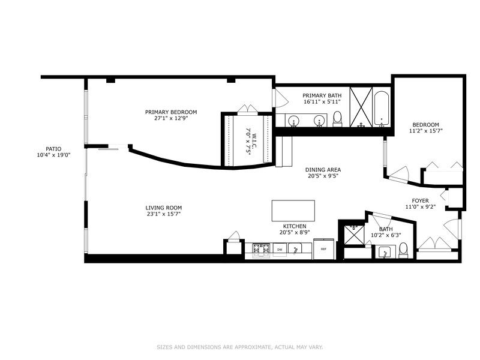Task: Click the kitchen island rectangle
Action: point(293,211)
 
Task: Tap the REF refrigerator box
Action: point(323,248)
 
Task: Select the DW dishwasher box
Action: point(280,250)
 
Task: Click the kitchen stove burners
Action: point(261,250)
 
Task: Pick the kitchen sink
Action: point(295,248)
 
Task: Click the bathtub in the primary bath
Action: point(382,109)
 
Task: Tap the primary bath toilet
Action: point(337,119)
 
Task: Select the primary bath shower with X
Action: point(361,107)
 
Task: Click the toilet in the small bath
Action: point(403,250)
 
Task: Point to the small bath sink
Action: point(384,252)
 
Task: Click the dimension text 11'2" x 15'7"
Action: point(426,131)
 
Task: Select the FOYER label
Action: point(421,201)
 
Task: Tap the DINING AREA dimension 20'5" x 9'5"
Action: point(323,176)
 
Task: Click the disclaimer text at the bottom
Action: point(240,347)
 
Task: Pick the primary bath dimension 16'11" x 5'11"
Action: point(322,101)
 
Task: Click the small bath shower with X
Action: point(354,235)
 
